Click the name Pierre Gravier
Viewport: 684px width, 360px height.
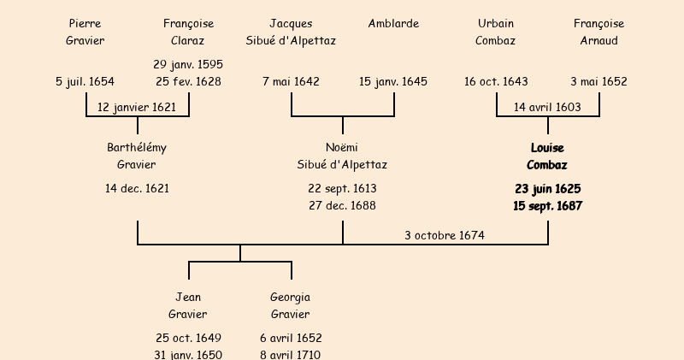click(85, 32)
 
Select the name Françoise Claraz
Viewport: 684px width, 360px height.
click(188, 32)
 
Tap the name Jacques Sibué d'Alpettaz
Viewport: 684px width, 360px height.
click(291, 32)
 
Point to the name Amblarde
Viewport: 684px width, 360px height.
click(393, 24)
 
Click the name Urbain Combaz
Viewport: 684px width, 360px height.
click(496, 32)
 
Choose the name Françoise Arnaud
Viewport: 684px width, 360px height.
click(598, 32)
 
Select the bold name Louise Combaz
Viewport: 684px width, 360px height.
click(547, 156)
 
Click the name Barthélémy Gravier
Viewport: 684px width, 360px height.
click(137, 156)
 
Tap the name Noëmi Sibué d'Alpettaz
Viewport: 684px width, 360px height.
click(342, 156)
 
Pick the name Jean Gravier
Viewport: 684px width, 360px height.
click(188, 305)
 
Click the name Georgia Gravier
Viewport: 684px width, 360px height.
click(291, 305)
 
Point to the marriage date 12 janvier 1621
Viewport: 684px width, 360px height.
click(137, 108)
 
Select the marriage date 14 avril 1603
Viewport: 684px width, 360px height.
click(547, 108)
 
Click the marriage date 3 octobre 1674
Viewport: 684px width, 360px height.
click(445, 235)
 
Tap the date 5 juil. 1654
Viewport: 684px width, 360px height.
click(85, 82)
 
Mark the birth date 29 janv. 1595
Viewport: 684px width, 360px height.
click(188, 65)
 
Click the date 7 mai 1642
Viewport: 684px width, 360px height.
click(291, 82)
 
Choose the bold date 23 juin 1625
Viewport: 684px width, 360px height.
click(547, 189)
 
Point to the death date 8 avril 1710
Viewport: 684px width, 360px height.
click(291, 355)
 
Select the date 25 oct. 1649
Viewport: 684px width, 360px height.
click(188, 339)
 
